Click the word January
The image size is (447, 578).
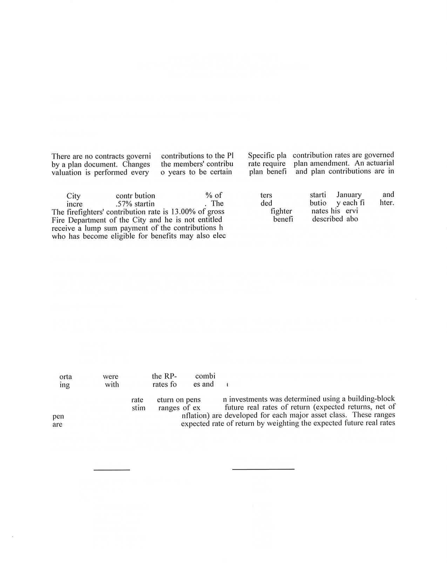pyautogui.click(x=349, y=195)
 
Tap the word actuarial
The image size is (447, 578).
pyautogui.click(x=380, y=163)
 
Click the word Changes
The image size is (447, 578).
pyautogui.click(x=136, y=164)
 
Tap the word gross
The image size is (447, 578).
pyautogui.click(x=216, y=212)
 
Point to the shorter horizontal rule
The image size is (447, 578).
pyautogui.click(x=112, y=470)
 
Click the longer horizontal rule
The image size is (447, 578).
pyautogui.click(x=263, y=469)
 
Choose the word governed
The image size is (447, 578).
pyautogui.click(x=379, y=155)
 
